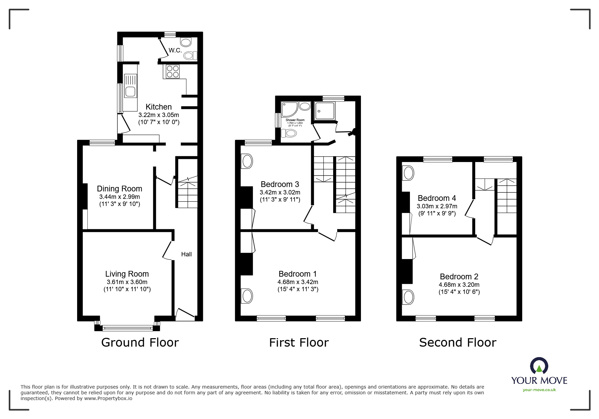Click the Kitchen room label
point(159,107)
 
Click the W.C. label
point(175,50)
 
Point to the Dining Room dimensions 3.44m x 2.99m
point(119,197)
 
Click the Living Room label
point(127,274)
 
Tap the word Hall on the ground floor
point(186,254)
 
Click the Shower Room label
point(295,120)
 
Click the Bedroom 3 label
point(280,184)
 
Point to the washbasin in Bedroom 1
point(247,296)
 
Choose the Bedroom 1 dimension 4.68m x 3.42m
point(298,282)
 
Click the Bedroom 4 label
point(437,198)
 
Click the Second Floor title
point(457,343)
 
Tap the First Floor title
point(299,343)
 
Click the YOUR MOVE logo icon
point(539,366)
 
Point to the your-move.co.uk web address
point(539,390)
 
